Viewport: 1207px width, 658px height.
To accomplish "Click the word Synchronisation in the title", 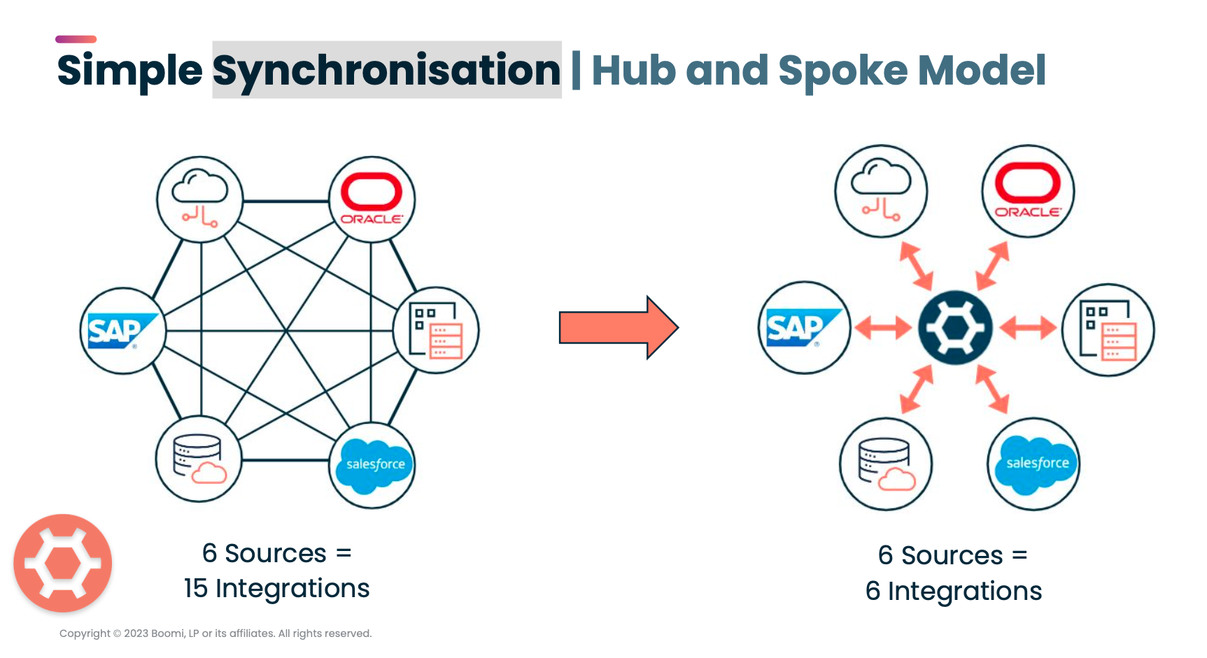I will (386, 70).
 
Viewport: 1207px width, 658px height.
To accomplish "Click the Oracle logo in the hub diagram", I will (1027, 191).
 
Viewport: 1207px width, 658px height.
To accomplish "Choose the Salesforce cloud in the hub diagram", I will (1034, 464).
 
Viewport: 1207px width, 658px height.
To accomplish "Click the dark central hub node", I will (955, 328).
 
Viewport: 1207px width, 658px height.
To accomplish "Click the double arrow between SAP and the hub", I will (883, 327).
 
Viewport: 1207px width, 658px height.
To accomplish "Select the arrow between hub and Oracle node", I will (992, 266).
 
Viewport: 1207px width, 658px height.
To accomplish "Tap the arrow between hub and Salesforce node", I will (992, 389).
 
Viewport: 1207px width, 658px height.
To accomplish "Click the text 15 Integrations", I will (276, 589).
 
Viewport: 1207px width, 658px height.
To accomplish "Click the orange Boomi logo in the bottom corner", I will (63, 564).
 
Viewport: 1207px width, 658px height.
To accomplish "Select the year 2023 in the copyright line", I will (136, 634).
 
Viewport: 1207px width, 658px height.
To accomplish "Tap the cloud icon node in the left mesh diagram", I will (199, 199).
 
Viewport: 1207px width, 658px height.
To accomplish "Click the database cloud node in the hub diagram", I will (885, 464).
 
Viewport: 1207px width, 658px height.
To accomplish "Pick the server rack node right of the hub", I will (1108, 330).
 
